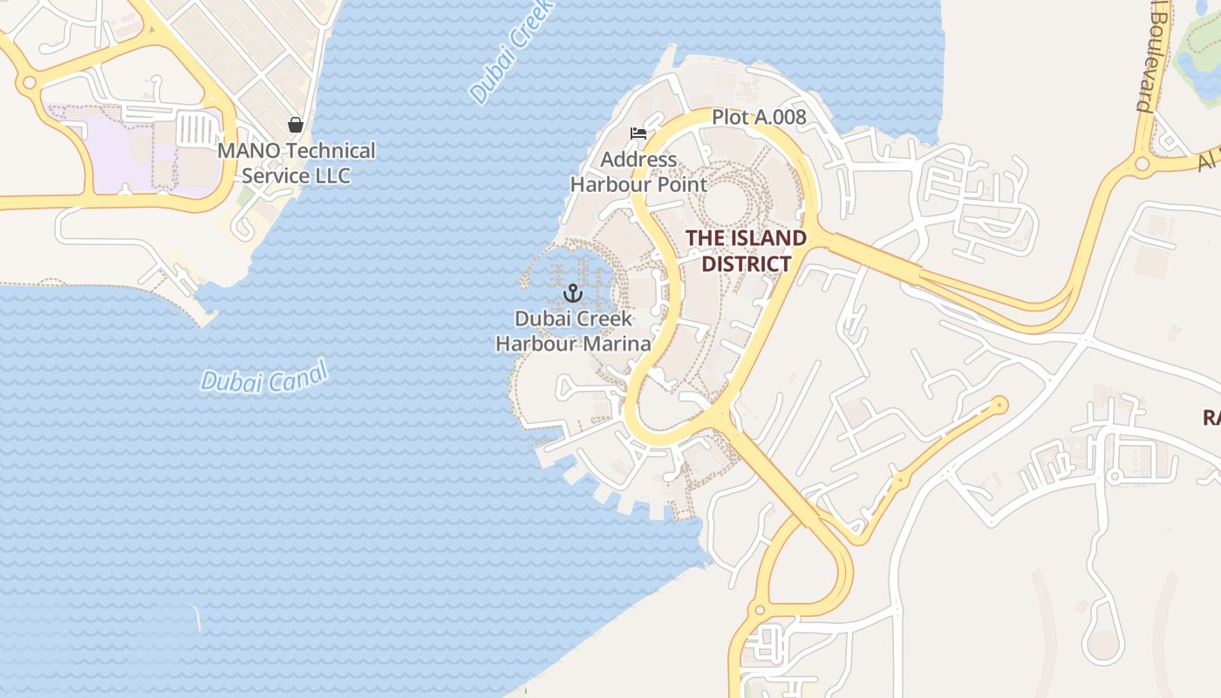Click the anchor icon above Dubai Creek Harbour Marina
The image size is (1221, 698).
[573, 293]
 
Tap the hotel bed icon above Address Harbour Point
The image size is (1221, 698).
[638, 133]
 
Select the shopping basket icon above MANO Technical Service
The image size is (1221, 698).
[296, 125]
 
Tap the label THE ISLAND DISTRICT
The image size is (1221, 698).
[746, 250]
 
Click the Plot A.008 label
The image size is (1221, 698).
[759, 117]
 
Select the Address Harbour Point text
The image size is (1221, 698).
[638, 172]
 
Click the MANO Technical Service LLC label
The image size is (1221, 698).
[297, 163]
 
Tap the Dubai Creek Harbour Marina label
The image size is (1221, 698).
[573, 332]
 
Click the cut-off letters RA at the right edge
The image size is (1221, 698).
[1211, 418]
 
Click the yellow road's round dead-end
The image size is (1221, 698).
[999, 405]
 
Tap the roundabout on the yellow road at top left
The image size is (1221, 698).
[29, 83]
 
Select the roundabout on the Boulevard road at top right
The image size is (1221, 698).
[1142, 163]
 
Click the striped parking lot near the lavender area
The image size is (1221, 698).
[199, 130]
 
